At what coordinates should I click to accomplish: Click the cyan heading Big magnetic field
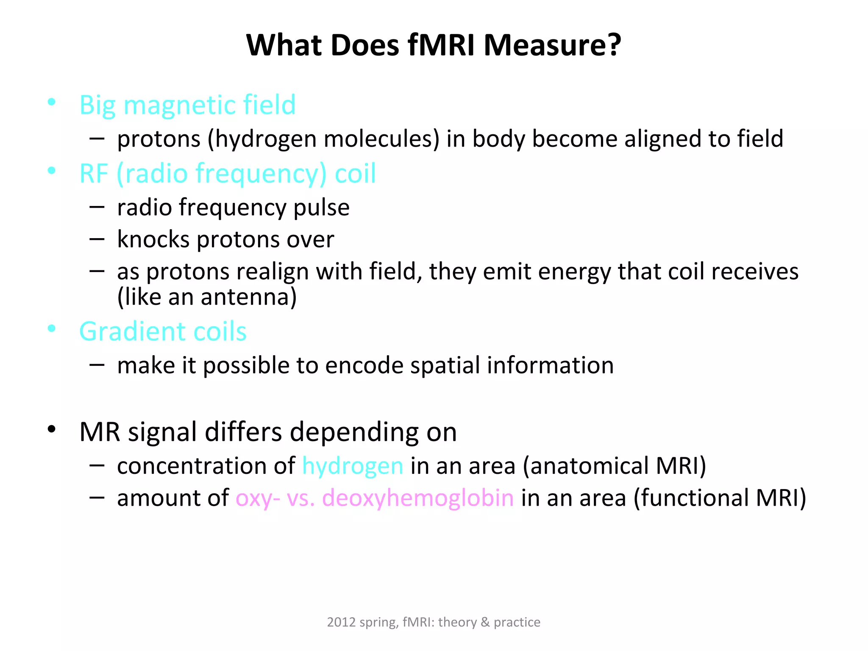coord(187,105)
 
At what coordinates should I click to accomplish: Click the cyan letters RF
coord(94,173)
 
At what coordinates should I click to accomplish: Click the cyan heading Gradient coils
coord(163,331)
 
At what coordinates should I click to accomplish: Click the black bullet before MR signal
coord(52,429)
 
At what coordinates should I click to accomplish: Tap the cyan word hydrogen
coord(353,466)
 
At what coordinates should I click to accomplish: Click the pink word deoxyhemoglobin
coord(418,498)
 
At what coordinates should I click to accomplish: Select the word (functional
coord(692,498)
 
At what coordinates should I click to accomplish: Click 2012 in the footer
coord(341,622)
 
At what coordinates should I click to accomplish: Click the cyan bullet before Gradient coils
coord(52,328)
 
